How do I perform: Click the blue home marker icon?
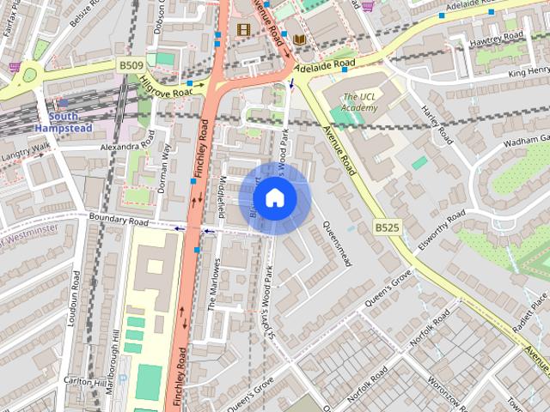(x=274, y=198)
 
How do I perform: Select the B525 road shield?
(x=387, y=227)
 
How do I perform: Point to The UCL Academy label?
(x=359, y=101)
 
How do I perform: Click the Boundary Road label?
(x=119, y=221)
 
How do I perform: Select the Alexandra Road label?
(x=125, y=147)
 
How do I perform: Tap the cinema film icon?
(x=243, y=29)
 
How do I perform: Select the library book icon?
(x=299, y=39)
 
